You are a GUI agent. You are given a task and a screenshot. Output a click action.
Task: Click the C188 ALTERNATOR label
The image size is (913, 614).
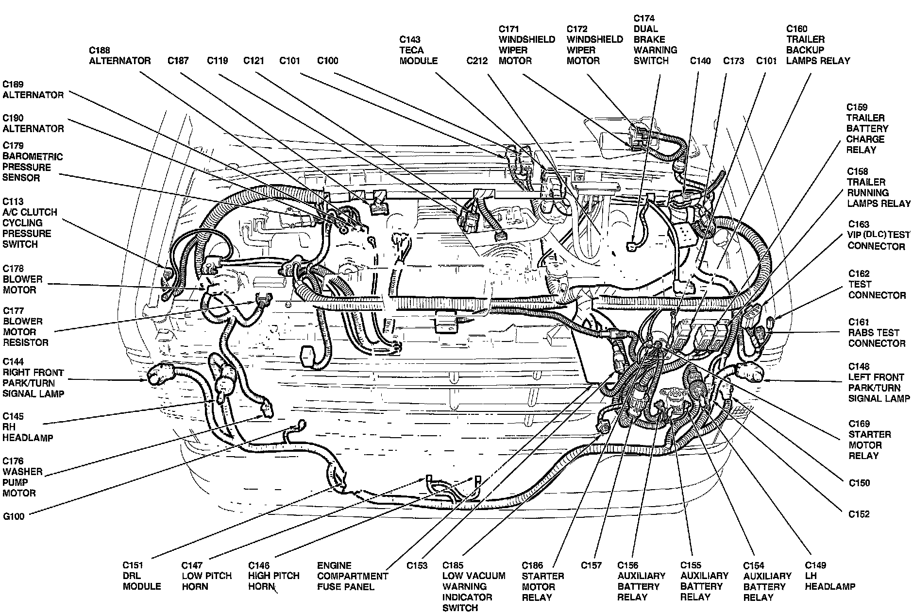(119, 55)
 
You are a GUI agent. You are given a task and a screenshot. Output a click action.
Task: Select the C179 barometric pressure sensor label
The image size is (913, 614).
(33, 161)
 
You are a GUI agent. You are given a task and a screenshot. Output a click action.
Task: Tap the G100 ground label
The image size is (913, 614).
(13, 516)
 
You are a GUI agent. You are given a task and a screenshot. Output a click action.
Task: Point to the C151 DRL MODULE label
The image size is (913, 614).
(141, 576)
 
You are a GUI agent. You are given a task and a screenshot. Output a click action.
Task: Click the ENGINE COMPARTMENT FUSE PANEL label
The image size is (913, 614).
(352, 576)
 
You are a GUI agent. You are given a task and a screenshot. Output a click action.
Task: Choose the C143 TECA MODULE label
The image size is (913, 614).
(418, 50)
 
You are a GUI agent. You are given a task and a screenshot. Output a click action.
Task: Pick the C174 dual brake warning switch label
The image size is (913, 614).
(655, 39)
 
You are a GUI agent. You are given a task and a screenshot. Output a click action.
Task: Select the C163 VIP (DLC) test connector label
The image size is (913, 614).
(879, 235)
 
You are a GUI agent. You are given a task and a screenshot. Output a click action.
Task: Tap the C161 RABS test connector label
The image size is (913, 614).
(877, 333)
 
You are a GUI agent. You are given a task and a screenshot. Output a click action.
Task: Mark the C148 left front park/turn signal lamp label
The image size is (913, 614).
(879, 382)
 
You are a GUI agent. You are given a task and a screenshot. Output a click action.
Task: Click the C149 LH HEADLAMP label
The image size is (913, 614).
(829, 576)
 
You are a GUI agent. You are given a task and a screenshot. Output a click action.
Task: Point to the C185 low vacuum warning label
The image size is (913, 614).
(473, 586)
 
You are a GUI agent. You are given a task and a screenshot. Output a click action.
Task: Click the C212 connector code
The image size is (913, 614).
(476, 61)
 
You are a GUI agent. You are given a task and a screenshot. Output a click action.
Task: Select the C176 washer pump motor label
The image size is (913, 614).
(22, 477)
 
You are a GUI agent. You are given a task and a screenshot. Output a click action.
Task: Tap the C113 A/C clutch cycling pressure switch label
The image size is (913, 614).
(30, 222)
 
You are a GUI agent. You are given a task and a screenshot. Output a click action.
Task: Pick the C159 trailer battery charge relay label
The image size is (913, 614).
(867, 128)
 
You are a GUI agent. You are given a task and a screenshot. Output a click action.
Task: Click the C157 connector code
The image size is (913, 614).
(591, 565)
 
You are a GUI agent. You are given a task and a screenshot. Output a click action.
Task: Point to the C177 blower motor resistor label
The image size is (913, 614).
(25, 326)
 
